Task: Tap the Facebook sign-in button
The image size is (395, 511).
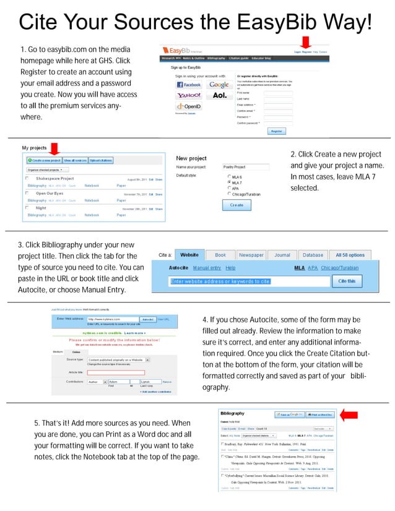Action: [x=188, y=84]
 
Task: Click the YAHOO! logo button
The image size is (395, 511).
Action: [x=188, y=96]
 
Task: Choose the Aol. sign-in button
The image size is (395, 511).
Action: [x=219, y=96]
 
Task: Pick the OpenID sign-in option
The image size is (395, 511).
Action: [x=188, y=107]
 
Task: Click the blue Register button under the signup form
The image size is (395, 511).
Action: [x=276, y=131]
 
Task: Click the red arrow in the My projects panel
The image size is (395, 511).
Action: [x=53, y=149]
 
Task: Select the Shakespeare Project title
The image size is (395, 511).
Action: [x=54, y=178]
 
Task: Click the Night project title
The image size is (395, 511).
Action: [x=41, y=208]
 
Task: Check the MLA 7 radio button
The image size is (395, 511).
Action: [x=230, y=183]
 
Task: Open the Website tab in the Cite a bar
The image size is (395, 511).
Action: [x=189, y=255]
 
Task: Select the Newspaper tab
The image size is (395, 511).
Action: [x=251, y=255]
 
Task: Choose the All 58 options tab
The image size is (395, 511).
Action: [x=350, y=255]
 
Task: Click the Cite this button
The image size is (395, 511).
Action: [x=347, y=281]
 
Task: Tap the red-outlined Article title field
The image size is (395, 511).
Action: [x=124, y=372]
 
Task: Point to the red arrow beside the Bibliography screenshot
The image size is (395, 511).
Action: [x=350, y=414]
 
